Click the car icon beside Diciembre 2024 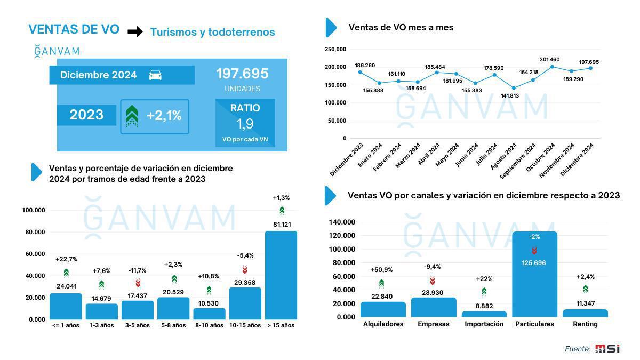pyautogui.click(x=155, y=75)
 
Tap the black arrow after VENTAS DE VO pyautogui.click(x=135, y=32)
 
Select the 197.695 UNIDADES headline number pyautogui.click(x=242, y=74)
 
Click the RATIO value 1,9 pyautogui.click(x=245, y=124)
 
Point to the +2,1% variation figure pyautogui.click(x=164, y=116)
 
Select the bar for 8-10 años pyautogui.click(x=209, y=314)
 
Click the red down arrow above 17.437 pyautogui.click(x=138, y=283)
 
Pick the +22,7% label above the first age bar pyautogui.click(x=66, y=259)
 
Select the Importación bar pyautogui.click(x=484, y=314)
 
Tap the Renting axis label pyautogui.click(x=585, y=324)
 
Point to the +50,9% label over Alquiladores pyautogui.click(x=381, y=270)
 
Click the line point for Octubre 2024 pyautogui.click(x=552, y=67)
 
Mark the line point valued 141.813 pyautogui.click(x=514, y=88)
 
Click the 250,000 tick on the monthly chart pyautogui.click(x=335, y=50)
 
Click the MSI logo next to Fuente pyautogui.click(x=607, y=349)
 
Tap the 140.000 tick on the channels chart pyautogui.click(x=342, y=222)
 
